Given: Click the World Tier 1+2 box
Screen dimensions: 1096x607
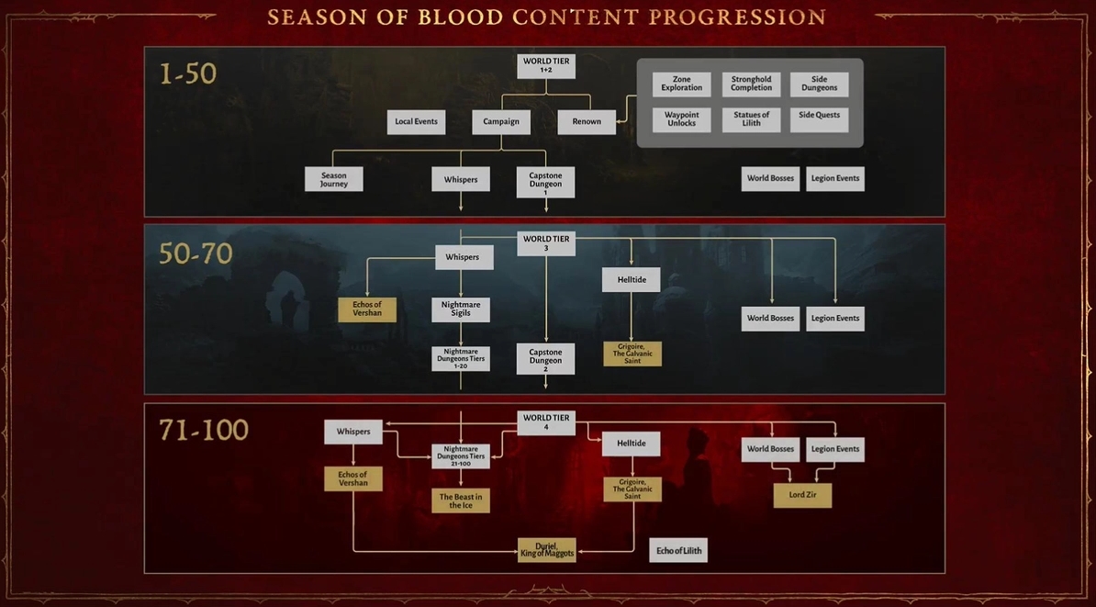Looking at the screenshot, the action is (x=546, y=66).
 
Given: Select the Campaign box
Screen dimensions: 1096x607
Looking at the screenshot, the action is (x=501, y=122).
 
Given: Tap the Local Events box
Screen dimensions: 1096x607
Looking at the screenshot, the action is (x=416, y=122).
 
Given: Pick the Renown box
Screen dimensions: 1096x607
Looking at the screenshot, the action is (x=587, y=122).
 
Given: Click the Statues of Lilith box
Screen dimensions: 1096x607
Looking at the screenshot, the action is (x=752, y=119).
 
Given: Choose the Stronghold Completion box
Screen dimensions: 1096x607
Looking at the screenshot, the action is (x=752, y=84).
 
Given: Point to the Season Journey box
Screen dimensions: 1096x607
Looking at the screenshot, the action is (x=333, y=179).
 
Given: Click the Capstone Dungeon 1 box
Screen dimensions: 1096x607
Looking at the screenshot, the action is (x=546, y=182).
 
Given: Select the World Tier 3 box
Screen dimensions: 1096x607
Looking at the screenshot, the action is (x=546, y=243).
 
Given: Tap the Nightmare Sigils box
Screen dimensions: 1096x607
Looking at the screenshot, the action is (x=461, y=309).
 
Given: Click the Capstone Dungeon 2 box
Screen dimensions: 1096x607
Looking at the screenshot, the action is (x=546, y=359).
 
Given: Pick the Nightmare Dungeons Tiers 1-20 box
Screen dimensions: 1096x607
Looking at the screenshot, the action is (x=461, y=359).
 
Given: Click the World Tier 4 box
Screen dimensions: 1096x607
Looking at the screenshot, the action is (x=546, y=422).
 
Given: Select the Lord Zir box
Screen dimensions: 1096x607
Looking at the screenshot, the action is (x=802, y=495).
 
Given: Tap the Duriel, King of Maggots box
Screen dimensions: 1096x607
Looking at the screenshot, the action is (x=546, y=550).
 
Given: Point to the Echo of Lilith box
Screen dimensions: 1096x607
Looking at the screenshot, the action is (x=678, y=550).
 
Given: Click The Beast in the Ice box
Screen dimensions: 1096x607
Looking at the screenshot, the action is (x=461, y=500).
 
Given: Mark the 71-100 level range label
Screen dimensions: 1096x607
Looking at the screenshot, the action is (x=204, y=430).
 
